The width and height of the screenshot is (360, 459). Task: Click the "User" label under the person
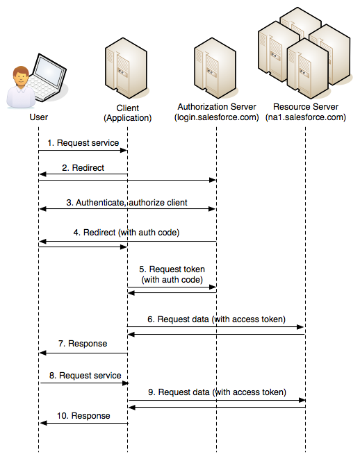(x=39, y=117)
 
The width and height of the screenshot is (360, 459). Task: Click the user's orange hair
(x=21, y=71)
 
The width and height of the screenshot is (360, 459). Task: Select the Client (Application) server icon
(x=126, y=68)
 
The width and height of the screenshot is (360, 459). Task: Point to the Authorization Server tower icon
(x=215, y=68)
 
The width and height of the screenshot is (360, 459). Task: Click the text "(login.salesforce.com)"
(x=217, y=117)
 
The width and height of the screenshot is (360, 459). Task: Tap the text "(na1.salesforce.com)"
(x=306, y=117)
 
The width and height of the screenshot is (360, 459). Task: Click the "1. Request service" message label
(x=83, y=143)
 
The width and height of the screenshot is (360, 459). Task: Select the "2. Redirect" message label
(x=83, y=168)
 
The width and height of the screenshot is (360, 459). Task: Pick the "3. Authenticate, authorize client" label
(x=127, y=203)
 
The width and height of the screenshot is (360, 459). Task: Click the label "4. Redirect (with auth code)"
(x=126, y=233)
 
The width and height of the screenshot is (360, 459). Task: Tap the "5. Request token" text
(x=172, y=269)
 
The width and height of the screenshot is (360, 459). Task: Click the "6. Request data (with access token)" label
(x=216, y=319)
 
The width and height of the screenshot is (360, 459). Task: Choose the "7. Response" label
(x=83, y=343)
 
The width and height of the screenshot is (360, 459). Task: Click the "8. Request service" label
(x=85, y=375)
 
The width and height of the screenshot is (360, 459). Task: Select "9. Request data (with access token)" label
(x=217, y=392)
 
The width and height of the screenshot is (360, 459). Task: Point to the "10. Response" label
(x=83, y=416)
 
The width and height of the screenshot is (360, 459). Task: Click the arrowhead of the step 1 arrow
(x=124, y=151)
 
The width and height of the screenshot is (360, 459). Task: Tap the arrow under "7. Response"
(x=83, y=353)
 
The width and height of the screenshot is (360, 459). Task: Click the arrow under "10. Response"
(x=84, y=423)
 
